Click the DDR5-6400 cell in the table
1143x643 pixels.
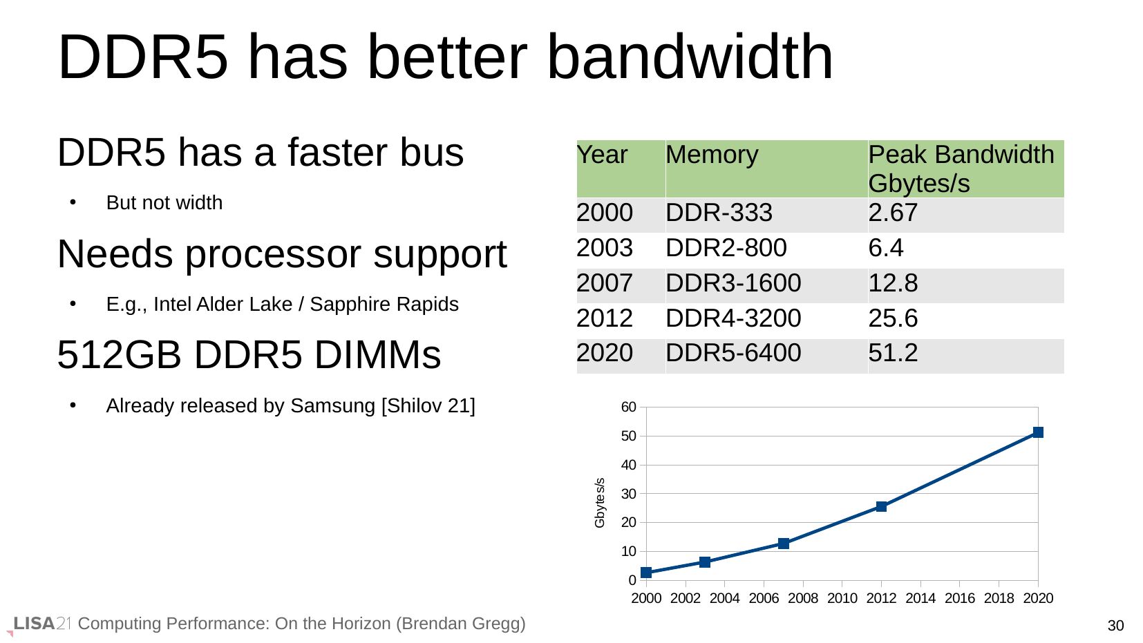pyautogui.click(x=733, y=353)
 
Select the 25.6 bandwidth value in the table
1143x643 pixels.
pyautogui.click(x=893, y=318)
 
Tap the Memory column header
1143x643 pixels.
pyautogui.click(x=712, y=155)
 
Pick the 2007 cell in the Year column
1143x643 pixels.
pyautogui.click(x=605, y=283)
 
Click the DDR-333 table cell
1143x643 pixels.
pyautogui.click(x=719, y=213)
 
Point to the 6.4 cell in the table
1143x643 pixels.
pyautogui.click(x=886, y=248)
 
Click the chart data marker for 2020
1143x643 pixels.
pyautogui.click(x=1037, y=432)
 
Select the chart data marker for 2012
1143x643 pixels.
pyautogui.click(x=881, y=506)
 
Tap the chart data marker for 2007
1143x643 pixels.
pyautogui.click(x=783, y=544)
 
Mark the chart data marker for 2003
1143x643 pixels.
pyautogui.click(x=705, y=562)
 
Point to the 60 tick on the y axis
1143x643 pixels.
pyautogui.click(x=628, y=407)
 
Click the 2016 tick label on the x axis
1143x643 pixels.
pyautogui.click(x=959, y=598)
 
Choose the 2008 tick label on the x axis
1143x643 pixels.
pyautogui.click(x=802, y=598)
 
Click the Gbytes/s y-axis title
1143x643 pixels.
pyautogui.click(x=600, y=503)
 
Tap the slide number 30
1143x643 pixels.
pyautogui.click(x=1115, y=626)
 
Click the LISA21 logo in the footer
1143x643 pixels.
pyautogui.click(x=41, y=624)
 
